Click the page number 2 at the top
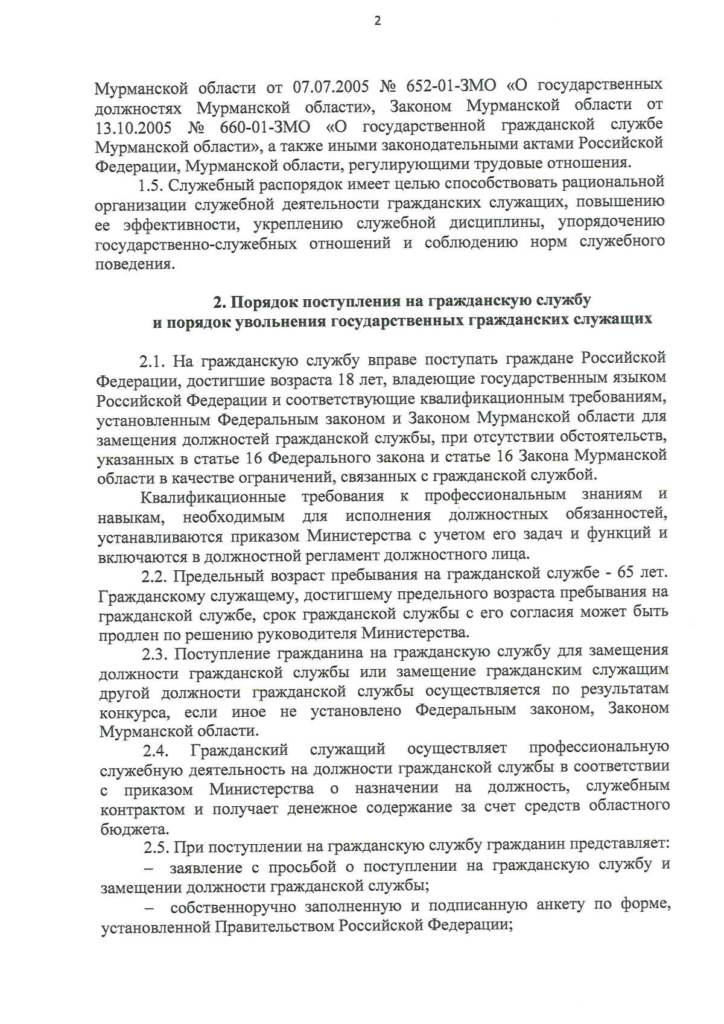378,21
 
